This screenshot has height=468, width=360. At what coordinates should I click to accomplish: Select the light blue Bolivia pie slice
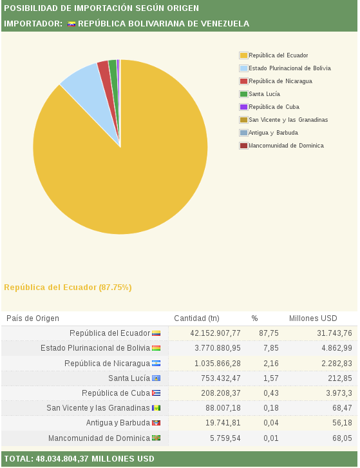pos(90,90)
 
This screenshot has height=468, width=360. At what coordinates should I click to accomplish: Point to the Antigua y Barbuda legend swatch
pos(243,133)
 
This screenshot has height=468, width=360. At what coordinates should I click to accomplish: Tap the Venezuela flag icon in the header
pos(71,24)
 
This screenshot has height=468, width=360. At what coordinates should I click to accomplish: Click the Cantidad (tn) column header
pos(196,318)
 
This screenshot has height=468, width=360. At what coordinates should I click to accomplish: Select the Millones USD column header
pos(313,318)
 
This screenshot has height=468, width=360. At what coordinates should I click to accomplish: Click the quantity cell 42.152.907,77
pos(215,333)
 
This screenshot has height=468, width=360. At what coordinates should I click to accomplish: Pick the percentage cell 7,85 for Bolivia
pos(271,348)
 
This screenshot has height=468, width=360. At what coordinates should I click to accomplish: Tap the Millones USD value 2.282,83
pos(337,364)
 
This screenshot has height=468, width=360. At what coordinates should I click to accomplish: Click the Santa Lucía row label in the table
pos(129,378)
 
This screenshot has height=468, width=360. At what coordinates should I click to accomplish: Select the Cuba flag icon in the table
pos(156,393)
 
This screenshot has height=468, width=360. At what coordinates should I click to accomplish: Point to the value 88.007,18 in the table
pos(223,407)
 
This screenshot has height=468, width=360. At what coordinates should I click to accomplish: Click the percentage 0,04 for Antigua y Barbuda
pos(271,423)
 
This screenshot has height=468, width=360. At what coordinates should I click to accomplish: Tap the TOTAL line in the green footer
pos(79,459)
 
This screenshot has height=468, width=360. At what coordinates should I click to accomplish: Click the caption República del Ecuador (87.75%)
pos(68,288)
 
